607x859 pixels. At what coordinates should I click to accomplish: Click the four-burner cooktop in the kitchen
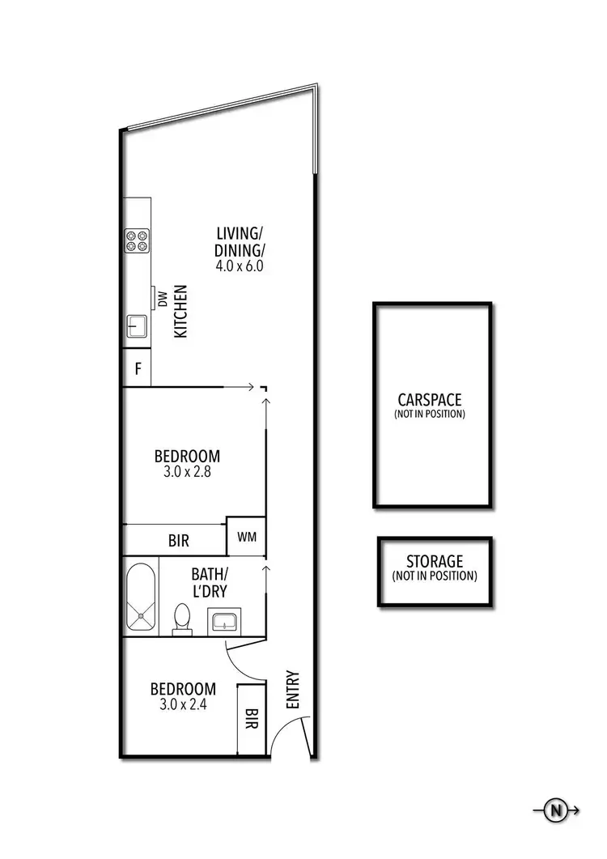pyautogui.click(x=136, y=240)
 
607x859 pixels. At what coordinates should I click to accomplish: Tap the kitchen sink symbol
pyautogui.click(x=136, y=327)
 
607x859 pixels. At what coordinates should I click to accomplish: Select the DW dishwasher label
pyautogui.click(x=161, y=300)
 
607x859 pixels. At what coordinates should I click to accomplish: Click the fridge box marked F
pyautogui.click(x=138, y=370)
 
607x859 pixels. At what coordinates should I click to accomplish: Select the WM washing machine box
pyautogui.click(x=246, y=536)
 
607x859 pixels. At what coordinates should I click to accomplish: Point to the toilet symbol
pyautogui.click(x=183, y=620)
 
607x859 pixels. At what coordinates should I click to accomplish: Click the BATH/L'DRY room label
pyautogui.click(x=210, y=583)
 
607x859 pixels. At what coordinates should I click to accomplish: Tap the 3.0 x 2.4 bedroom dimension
pyautogui.click(x=183, y=704)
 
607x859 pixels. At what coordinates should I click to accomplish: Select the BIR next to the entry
pyautogui.click(x=251, y=717)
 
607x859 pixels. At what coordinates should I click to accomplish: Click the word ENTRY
pyautogui.click(x=292, y=690)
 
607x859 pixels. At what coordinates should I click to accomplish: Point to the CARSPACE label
pyautogui.click(x=430, y=399)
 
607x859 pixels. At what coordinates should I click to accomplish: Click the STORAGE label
pyautogui.click(x=435, y=561)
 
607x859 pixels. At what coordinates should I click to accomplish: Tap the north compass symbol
pyautogui.click(x=556, y=810)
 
